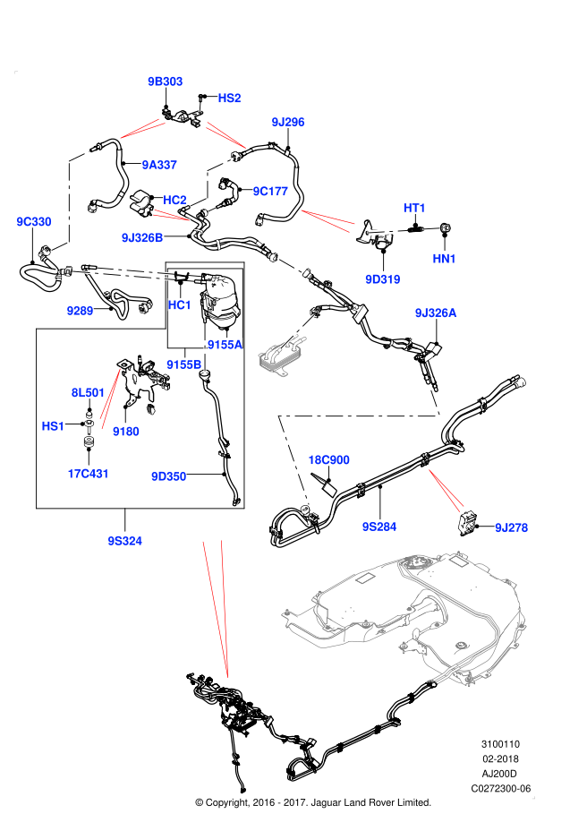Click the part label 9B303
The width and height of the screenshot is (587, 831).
pyautogui.click(x=166, y=81)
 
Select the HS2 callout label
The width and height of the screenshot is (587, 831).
pyautogui.click(x=229, y=98)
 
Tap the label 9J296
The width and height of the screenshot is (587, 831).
pyautogui.click(x=288, y=122)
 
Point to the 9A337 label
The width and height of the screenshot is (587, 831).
pyautogui.click(x=159, y=165)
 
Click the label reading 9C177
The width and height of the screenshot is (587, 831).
pyautogui.click(x=270, y=191)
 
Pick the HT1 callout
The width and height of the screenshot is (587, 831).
pyautogui.click(x=415, y=208)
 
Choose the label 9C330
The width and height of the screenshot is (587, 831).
pyautogui.click(x=34, y=221)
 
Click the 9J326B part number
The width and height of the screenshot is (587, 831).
pyautogui.click(x=142, y=237)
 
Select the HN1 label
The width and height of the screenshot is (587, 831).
pyautogui.click(x=445, y=259)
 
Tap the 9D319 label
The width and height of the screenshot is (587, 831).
pyautogui.click(x=383, y=279)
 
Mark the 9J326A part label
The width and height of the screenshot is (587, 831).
pyautogui.click(x=436, y=313)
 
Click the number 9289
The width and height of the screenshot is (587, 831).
pyautogui.click(x=80, y=311)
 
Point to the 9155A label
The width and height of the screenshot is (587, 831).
pyautogui.click(x=225, y=345)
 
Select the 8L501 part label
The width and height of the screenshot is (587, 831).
pyautogui.click(x=89, y=392)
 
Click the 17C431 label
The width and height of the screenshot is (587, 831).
pyautogui.click(x=89, y=474)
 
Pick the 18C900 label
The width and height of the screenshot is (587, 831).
pyautogui.click(x=328, y=459)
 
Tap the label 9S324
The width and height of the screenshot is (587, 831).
pyautogui.click(x=125, y=541)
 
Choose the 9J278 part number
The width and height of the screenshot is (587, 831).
pyautogui.click(x=512, y=527)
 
